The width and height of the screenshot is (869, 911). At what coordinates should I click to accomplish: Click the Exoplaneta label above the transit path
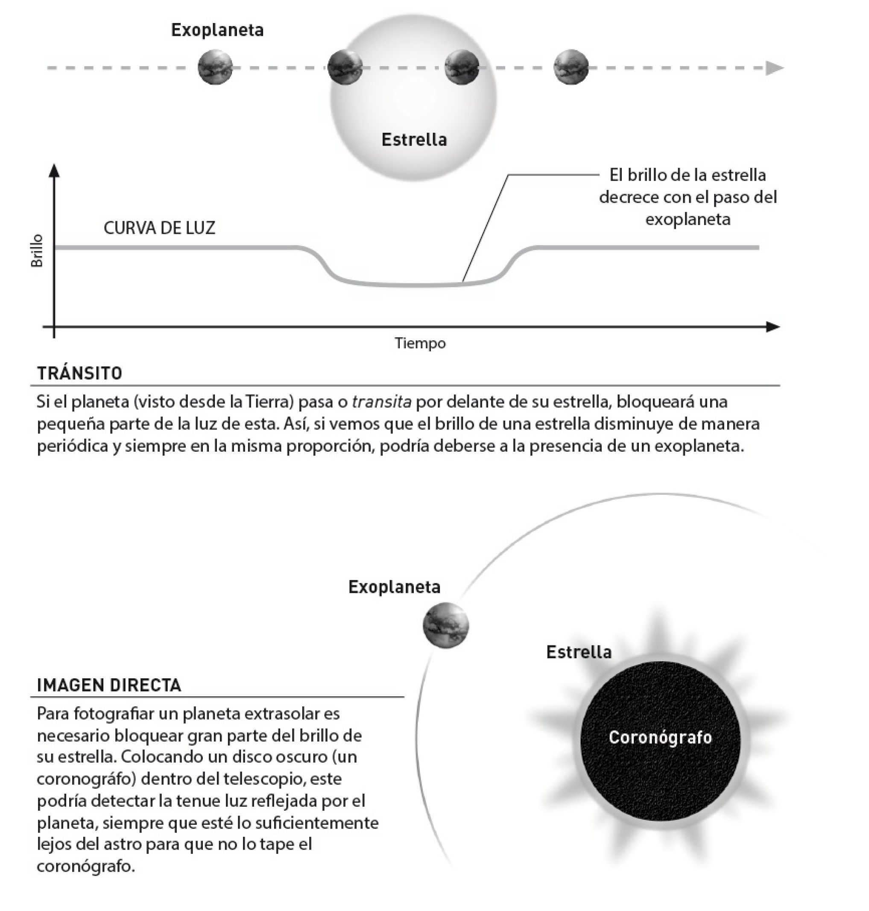coord(217,30)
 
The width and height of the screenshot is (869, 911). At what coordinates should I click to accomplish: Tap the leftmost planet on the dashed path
coord(215,67)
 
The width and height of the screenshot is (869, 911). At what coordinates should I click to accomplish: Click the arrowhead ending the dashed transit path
coord(774,68)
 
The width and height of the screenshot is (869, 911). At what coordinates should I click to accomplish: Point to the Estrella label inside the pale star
coord(414,140)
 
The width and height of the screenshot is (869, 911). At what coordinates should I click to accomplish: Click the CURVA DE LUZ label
coord(159,228)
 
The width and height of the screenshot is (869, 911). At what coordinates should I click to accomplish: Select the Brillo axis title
coord(37,251)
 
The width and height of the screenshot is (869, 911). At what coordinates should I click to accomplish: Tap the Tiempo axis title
coord(420,343)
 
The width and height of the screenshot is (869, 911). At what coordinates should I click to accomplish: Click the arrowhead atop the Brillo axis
coord(54,170)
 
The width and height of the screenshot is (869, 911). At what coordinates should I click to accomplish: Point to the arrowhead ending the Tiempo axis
coord(772,327)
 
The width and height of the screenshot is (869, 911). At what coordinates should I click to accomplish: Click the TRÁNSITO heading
coord(80,373)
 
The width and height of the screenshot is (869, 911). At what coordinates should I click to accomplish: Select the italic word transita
coord(381,402)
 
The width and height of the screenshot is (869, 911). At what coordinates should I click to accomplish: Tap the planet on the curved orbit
coord(446,626)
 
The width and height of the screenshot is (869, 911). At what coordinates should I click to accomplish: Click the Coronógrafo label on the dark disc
coord(660,737)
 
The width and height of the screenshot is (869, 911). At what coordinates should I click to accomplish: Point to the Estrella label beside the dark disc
coord(579,652)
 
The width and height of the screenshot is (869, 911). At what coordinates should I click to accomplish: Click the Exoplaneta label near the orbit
coord(394,587)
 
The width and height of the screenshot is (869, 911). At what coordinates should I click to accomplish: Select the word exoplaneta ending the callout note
coord(688,219)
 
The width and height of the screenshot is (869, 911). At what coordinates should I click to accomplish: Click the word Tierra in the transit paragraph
coord(267,402)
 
